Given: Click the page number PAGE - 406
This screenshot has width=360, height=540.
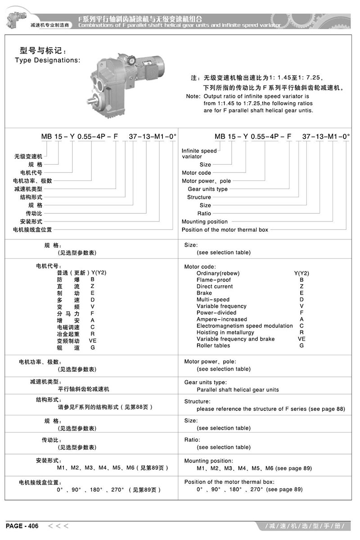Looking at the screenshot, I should (x=22, y=526).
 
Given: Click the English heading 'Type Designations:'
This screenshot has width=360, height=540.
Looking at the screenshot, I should (x=48, y=60).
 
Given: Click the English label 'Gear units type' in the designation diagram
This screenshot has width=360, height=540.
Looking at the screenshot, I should (x=207, y=189).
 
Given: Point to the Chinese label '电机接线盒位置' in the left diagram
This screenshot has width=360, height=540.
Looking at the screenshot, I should (x=32, y=229).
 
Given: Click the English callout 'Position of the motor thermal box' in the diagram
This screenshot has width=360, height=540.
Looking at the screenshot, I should (x=225, y=229).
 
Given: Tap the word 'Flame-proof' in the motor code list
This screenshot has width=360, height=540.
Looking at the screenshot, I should (x=213, y=280).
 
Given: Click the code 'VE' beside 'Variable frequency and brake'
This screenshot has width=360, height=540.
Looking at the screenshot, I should (x=301, y=339).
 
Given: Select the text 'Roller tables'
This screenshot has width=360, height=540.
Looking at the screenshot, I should (x=213, y=346).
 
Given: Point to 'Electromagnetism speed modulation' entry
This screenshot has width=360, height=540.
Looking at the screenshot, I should (x=244, y=326).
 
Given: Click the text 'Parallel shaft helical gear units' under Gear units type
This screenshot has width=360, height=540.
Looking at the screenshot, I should (x=238, y=390).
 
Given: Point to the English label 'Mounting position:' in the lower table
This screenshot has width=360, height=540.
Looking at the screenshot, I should (x=209, y=461).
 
